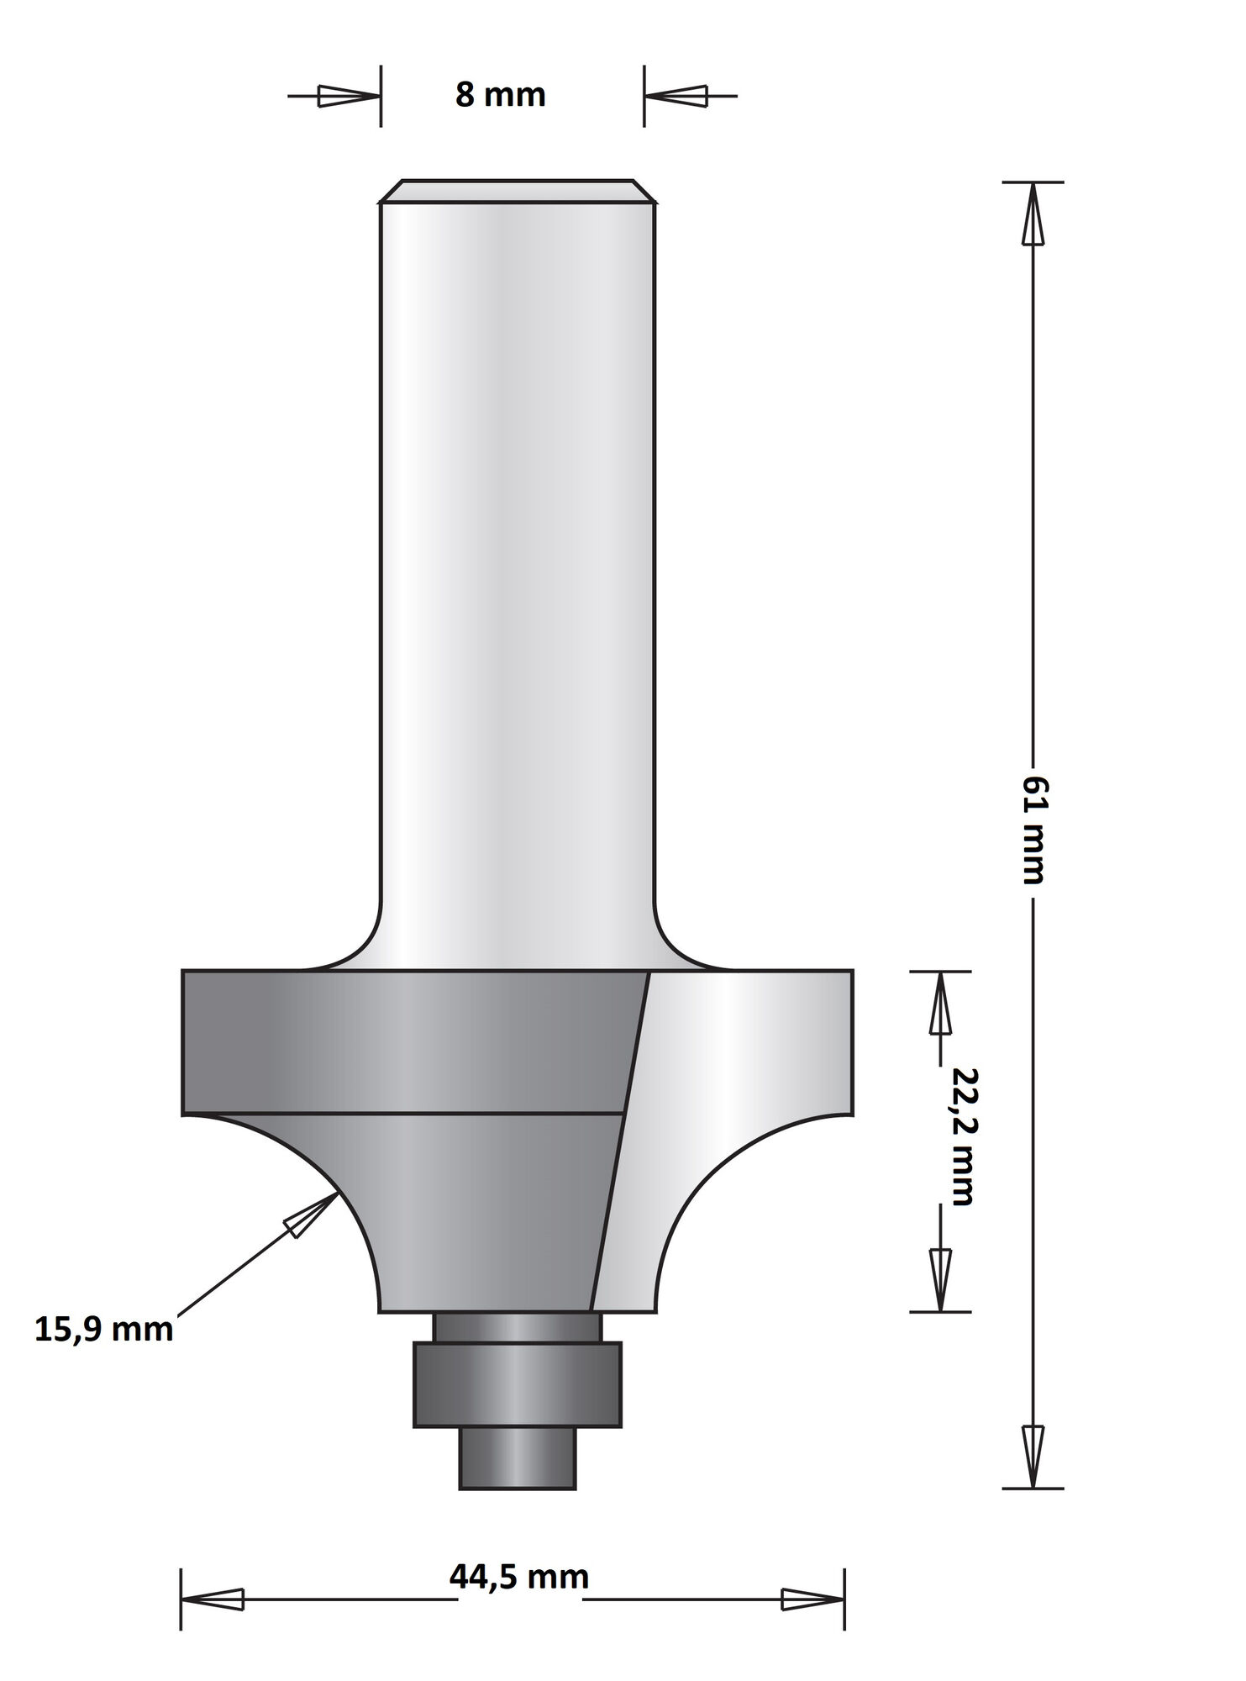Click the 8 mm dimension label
(x=501, y=95)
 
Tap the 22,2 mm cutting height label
(x=959, y=1136)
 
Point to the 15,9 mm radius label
(x=104, y=1331)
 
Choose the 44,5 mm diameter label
(x=519, y=1576)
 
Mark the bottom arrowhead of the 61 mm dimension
(x=1033, y=1457)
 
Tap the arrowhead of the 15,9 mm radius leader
(x=308, y=1215)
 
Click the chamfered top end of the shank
(x=518, y=191)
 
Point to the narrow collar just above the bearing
(x=518, y=1327)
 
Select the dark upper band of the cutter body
(x=403, y=1042)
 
